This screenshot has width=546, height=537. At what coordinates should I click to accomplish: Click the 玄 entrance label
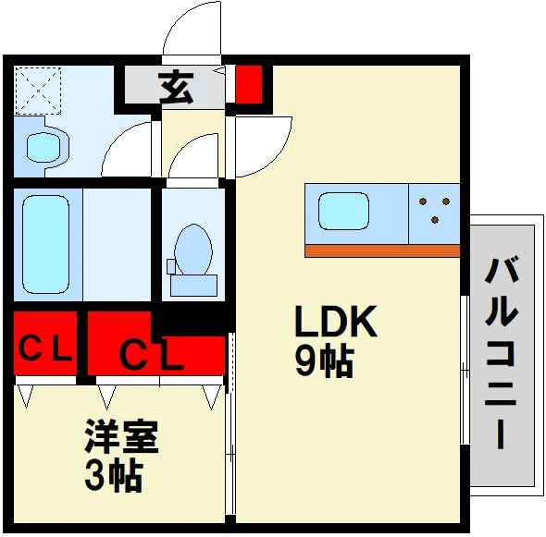176,87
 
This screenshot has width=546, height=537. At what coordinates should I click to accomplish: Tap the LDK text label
336,321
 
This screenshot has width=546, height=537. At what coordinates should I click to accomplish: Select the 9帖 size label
325,362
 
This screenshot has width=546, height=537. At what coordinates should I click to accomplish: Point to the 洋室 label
121,436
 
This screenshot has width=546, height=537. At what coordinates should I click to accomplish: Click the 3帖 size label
114,476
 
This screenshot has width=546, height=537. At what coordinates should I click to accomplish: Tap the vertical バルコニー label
501,353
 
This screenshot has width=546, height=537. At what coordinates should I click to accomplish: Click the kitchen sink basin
343,211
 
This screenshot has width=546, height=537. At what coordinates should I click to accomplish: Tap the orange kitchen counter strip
382,250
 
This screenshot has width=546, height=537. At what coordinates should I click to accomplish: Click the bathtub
46,245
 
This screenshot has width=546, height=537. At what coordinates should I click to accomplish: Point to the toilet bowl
193,249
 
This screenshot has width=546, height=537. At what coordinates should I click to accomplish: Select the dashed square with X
38,92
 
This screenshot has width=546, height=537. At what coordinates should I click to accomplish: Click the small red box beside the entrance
249,84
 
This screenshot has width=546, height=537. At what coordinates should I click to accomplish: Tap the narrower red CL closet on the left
45,343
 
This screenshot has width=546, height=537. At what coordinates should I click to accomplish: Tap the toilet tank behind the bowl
193,286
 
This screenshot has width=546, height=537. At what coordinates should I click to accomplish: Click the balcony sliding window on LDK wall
465,371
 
